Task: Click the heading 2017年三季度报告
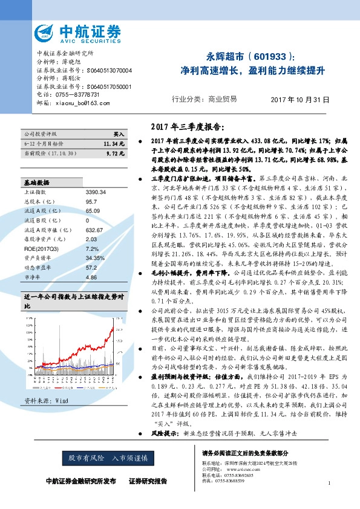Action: point(190,126)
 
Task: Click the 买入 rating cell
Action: point(119,133)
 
